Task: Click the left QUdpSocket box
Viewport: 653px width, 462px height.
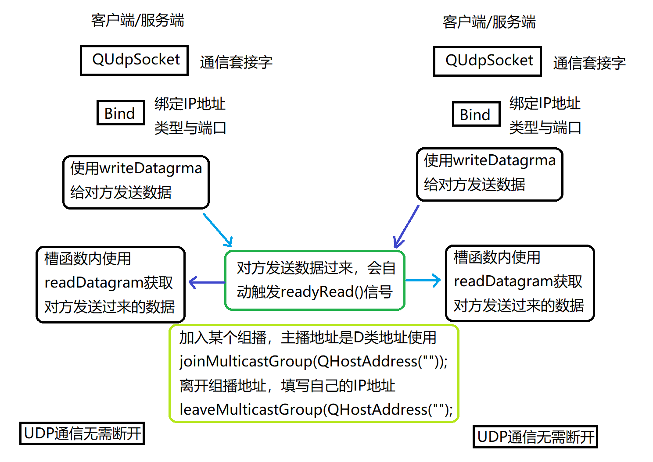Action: (134, 60)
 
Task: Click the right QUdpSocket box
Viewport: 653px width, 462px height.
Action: (487, 61)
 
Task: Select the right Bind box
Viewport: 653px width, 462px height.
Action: (476, 114)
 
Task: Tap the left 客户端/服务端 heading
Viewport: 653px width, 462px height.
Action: (137, 20)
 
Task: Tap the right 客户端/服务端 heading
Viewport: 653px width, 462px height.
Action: (489, 22)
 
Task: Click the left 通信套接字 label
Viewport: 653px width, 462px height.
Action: (236, 62)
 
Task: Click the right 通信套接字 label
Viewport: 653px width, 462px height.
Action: (589, 63)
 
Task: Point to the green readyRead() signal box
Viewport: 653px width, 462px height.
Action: (315, 280)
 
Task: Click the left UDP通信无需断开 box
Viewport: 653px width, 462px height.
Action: (82, 433)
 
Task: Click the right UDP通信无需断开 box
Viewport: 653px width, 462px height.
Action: (535, 437)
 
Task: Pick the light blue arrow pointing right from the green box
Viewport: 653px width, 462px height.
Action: (423, 281)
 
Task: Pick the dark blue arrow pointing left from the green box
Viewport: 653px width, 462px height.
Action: (207, 282)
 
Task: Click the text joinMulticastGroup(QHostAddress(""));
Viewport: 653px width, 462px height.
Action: (313, 362)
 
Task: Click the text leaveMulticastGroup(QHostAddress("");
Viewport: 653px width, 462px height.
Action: (316, 409)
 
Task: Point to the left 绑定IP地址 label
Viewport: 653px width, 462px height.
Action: (190, 104)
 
